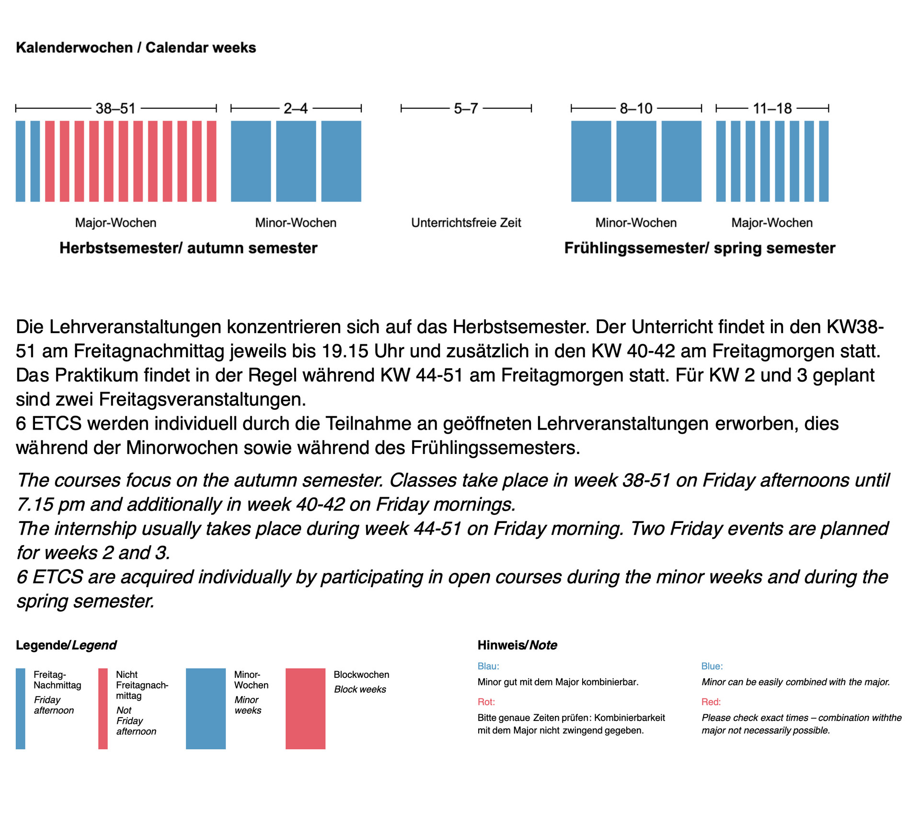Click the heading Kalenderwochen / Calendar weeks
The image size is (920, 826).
pyautogui.click(x=136, y=48)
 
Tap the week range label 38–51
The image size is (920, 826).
pyautogui.click(x=115, y=109)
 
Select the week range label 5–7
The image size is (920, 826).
pyautogui.click(x=466, y=109)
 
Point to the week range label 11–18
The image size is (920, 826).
pyautogui.click(x=772, y=109)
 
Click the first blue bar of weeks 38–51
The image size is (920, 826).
pyautogui.click(x=21, y=161)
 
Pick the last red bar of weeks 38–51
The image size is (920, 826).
pyautogui.click(x=211, y=161)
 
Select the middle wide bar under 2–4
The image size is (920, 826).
pyautogui.click(x=296, y=161)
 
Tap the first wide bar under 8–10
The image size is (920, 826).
pyautogui.click(x=591, y=161)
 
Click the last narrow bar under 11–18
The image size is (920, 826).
pyautogui.click(x=823, y=161)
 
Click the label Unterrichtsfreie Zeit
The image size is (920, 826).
pyautogui.click(x=466, y=223)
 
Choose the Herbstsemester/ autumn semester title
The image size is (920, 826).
pyautogui.click(x=188, y=248)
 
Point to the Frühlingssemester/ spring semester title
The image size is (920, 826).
pyautogui.click(x=700, y=248)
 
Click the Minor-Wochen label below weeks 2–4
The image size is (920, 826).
pyautogui.click(x=296, y=223)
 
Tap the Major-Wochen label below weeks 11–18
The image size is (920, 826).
pyautogui.click(x=772, y=223)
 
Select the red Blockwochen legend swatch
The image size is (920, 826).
pyautogui.click(x=305, y=709)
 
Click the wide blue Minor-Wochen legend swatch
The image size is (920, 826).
pyautogui.click(x=206, y=709)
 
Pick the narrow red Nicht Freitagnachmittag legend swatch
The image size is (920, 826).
pyautogui.click(x=103, y=709)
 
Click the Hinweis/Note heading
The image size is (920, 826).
pyautogui.click(x=517, y=645)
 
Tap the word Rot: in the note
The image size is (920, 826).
pyautogui.click(x=486, y=702)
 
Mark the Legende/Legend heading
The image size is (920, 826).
pyautogui.click(x=66, y=645)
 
